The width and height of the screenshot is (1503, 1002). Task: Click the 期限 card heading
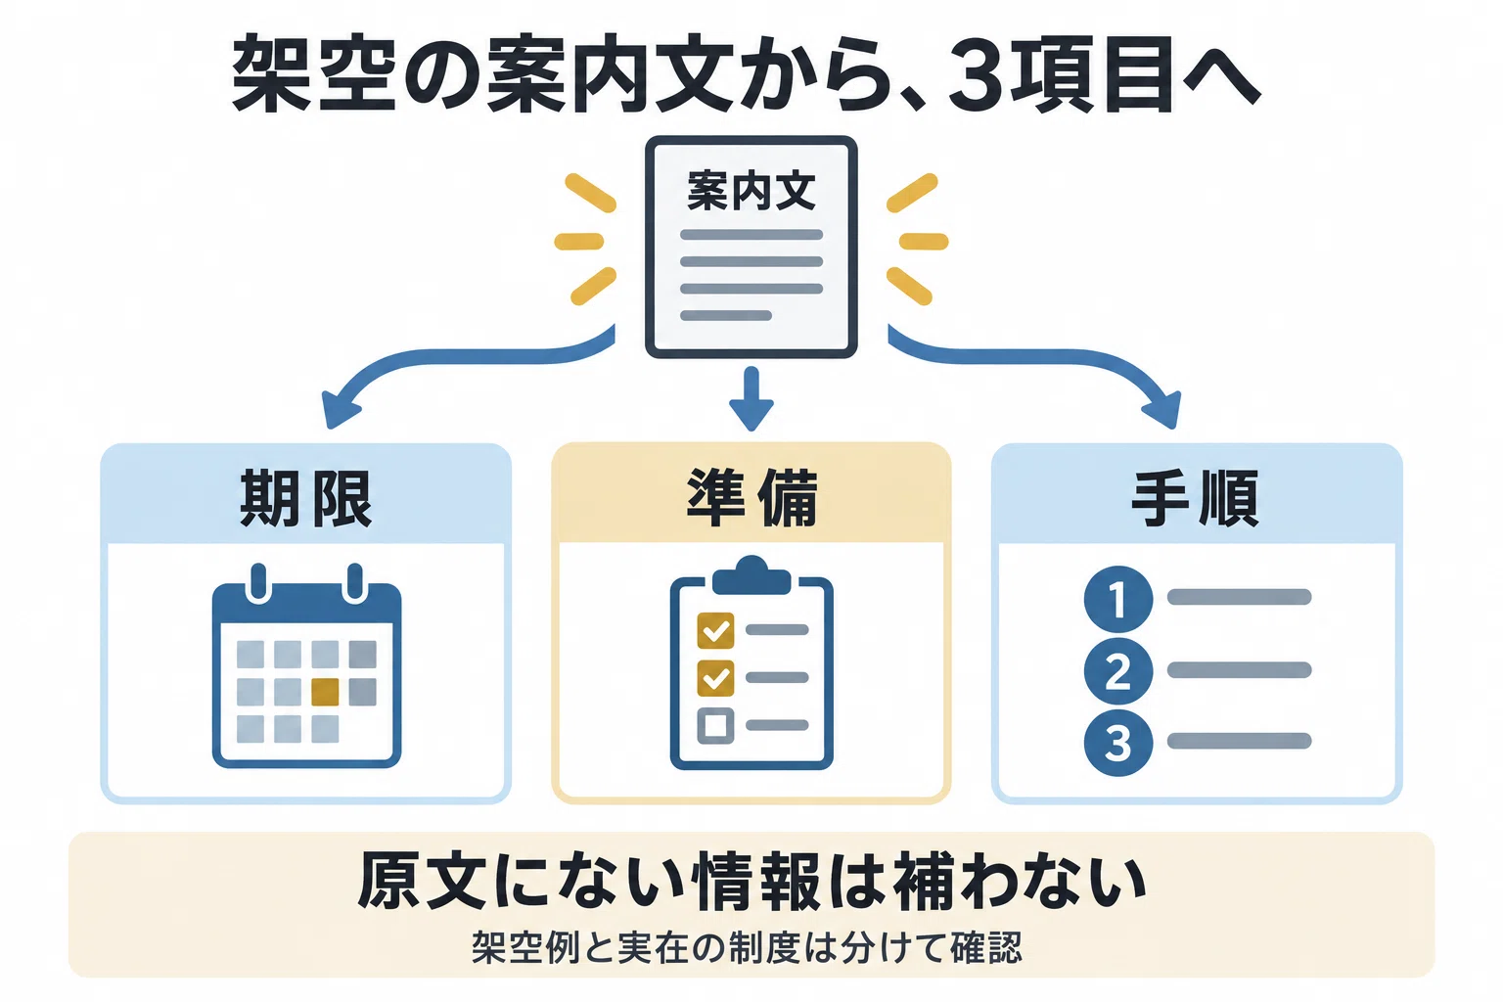pyautogui.click(x=306, y=499)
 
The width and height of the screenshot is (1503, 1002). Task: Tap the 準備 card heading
pyautogui.click(x=751, y=499)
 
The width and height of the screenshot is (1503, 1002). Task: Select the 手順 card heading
pyautogui.click(x=1196, y=499)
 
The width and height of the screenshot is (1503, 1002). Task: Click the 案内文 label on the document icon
pyautogui.click(x=751, y=191)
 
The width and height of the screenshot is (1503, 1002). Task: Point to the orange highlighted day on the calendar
pyautogui.click(x=326, y=692)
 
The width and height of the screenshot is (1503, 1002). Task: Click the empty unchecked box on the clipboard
pyautogui.click(x=715, y=725)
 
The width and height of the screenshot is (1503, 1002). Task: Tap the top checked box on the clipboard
pyautogui.click(x=715, y=630)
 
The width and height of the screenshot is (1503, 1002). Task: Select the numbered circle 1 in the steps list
pyautogui.click(x=1117, y=599)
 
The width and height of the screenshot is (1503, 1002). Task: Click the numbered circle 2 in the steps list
pyautogui.click(x=1117, y=671)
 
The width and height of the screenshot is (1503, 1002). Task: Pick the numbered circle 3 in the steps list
pyautogui.click(x=1117, y=743)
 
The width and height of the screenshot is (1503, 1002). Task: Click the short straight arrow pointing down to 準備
pyautogui.click(x=751, y=398)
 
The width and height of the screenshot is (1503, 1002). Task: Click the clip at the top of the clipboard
pyautogui.click(x=751, y=575)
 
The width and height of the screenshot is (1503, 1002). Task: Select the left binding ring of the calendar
pyautogui.click(x=257, y=582)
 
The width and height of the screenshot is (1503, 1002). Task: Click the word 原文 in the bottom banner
pyautogui.click(x=423, y=881)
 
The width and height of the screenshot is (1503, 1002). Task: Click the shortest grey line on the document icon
pyautogui.click(x=726, y=315)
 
